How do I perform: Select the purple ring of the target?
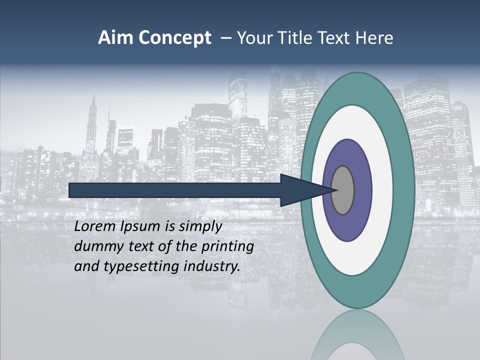click(361, 190)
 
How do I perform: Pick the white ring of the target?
click(382, 190)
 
